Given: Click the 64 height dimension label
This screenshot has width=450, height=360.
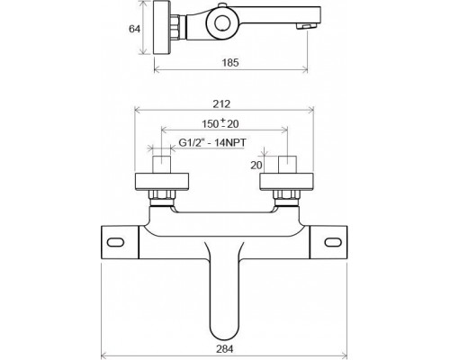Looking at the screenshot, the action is click(x=134, y=29).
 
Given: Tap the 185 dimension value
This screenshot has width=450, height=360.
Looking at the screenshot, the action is click(x=230, y=63).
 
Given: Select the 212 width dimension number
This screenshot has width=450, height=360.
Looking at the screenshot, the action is click(x=221, y=104).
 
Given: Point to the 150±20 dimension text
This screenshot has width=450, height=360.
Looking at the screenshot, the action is click(x=220, y=123).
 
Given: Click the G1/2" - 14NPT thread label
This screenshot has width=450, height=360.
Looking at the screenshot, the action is click(x=212, y=142).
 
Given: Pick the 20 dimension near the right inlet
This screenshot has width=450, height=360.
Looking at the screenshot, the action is click(x=256, y=166).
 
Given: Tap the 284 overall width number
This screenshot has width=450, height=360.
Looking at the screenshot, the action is click(x=224, y=349).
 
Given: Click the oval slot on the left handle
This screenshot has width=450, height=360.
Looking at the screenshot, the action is click(x=116, y=242).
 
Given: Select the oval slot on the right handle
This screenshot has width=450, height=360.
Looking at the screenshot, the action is click(x=333, y=242).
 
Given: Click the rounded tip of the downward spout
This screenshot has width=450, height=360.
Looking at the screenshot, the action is click(x=224, y=337).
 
